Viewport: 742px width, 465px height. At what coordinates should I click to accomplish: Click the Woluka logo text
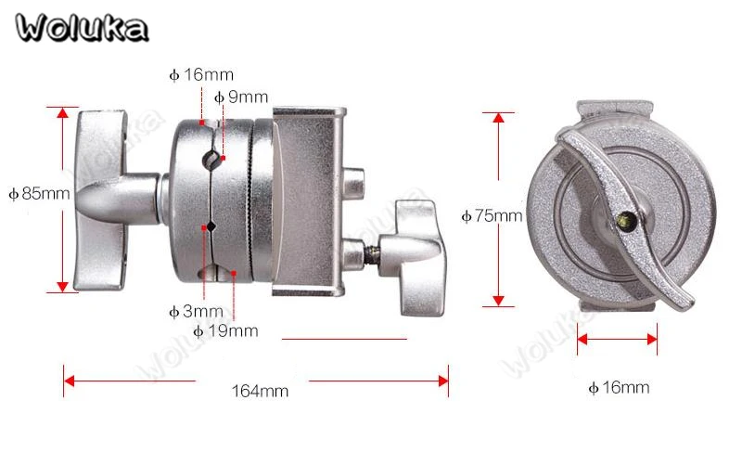(82, 28)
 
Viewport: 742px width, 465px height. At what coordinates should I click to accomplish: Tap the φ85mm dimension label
(40, 193)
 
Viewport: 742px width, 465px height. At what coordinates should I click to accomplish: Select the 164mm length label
(260, 391)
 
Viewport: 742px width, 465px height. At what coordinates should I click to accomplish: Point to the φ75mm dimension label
(493, 216)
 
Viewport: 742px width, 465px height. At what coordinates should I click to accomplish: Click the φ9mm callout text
(241, 97)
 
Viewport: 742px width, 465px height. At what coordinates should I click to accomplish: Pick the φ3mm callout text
(196, 311)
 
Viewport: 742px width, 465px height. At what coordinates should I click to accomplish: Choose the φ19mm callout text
(225, 330)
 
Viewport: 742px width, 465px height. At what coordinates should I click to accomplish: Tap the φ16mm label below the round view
(619, 388)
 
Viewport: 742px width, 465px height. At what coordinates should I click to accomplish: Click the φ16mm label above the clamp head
(201, 74)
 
